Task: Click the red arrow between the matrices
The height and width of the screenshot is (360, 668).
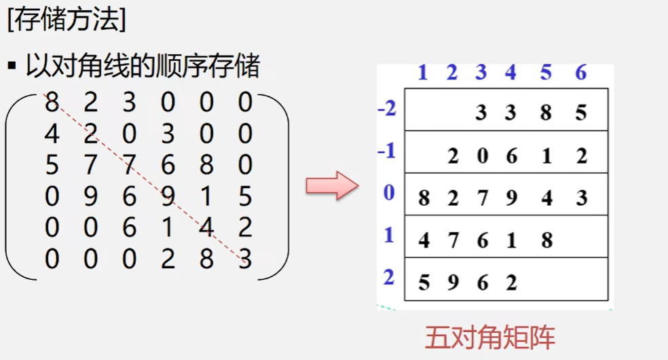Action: point(331,185)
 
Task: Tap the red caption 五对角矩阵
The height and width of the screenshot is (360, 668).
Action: point(490,338)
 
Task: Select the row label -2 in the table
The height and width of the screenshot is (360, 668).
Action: point(387,109)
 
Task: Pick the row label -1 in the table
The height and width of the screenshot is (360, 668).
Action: point(387,151)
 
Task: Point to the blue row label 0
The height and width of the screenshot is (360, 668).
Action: point(389,194)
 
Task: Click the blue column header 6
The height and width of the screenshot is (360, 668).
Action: point(580,73)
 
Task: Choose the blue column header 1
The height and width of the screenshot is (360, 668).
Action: point(423,73)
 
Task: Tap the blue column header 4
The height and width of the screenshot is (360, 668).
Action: point(511,73)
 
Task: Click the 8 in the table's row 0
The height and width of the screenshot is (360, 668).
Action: point(424,198)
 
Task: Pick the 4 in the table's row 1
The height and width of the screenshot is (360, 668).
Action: point(424,240)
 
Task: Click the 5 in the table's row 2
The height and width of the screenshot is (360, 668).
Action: point(424,282)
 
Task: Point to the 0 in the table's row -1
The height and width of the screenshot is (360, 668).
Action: point(482,156)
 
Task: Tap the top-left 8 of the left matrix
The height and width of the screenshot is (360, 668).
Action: point(52,103)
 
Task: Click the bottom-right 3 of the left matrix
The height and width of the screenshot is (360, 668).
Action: point(246,259)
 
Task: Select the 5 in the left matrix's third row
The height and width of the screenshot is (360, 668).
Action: point(52,165)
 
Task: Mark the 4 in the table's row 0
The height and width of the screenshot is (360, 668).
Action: point(547,198)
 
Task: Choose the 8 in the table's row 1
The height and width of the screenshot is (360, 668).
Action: point(547,240)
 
